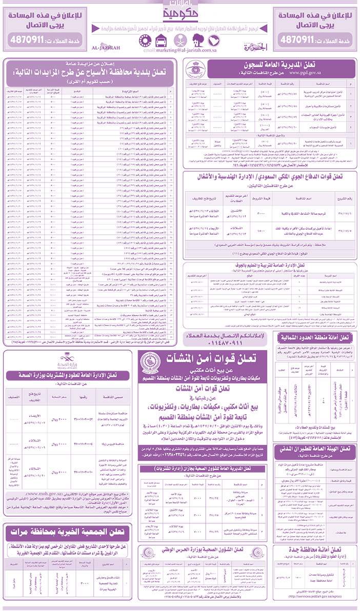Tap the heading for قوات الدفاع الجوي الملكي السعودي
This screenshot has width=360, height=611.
(x=269, y=177)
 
